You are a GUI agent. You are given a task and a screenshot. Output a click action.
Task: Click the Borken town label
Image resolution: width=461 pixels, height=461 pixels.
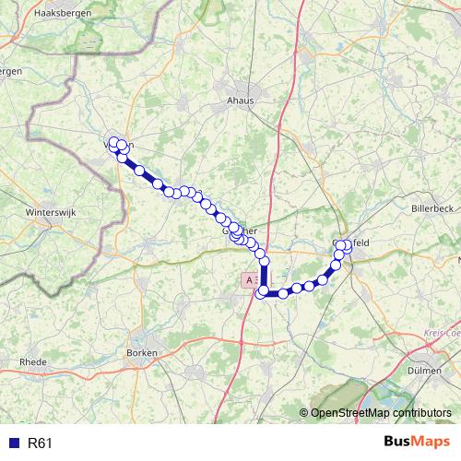[x=144, y=353]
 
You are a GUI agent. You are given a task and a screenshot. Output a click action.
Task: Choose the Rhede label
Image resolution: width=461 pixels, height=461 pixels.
[x=32, y=362]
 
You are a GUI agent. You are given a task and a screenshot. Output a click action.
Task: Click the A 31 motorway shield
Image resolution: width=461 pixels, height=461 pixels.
[x=252, y=278]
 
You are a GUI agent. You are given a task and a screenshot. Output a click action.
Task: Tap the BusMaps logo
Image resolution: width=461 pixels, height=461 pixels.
[x=417, y=443]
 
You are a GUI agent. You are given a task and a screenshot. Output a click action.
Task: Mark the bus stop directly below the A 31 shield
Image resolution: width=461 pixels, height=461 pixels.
[x=262, y=293]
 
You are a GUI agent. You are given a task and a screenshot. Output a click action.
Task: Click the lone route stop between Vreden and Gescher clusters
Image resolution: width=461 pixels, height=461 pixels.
[x=139, y=171]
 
